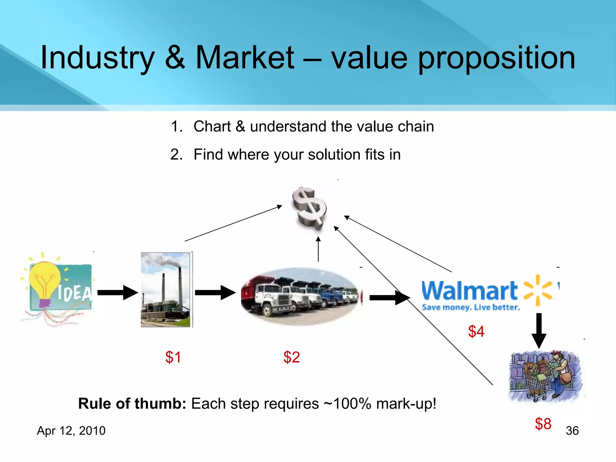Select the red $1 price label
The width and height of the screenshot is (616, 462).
173,357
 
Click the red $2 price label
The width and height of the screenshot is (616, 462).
291,357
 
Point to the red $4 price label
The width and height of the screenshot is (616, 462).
476,331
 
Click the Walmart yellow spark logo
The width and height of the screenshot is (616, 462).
538,290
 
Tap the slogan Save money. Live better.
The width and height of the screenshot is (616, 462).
471,307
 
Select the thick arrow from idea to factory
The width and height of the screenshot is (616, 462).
117,292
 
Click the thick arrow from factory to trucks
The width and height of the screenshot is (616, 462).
215,292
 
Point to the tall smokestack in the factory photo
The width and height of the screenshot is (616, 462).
180,286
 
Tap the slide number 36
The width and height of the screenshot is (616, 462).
572,431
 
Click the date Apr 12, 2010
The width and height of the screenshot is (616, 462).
71,431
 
